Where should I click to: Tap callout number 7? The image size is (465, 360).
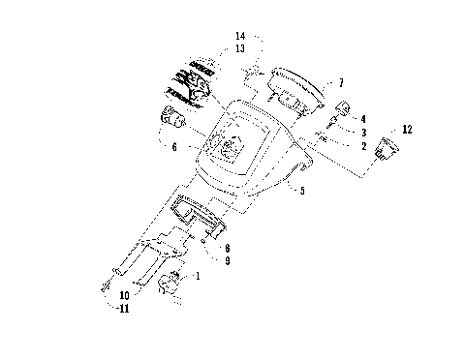(x=340, y=83)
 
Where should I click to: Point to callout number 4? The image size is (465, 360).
(x=362, y=119)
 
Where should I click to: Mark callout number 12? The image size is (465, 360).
(x=407, y=129)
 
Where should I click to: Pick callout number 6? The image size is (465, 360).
(x=173, y=148)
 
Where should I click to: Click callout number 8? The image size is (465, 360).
(x=226, y=249)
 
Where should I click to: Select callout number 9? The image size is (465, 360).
(x=226, y=260)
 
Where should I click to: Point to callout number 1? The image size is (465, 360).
(x=200, y=277)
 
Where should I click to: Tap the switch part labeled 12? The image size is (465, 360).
(x=387, y=148)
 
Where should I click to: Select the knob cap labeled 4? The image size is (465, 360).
(x=342, y=108)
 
